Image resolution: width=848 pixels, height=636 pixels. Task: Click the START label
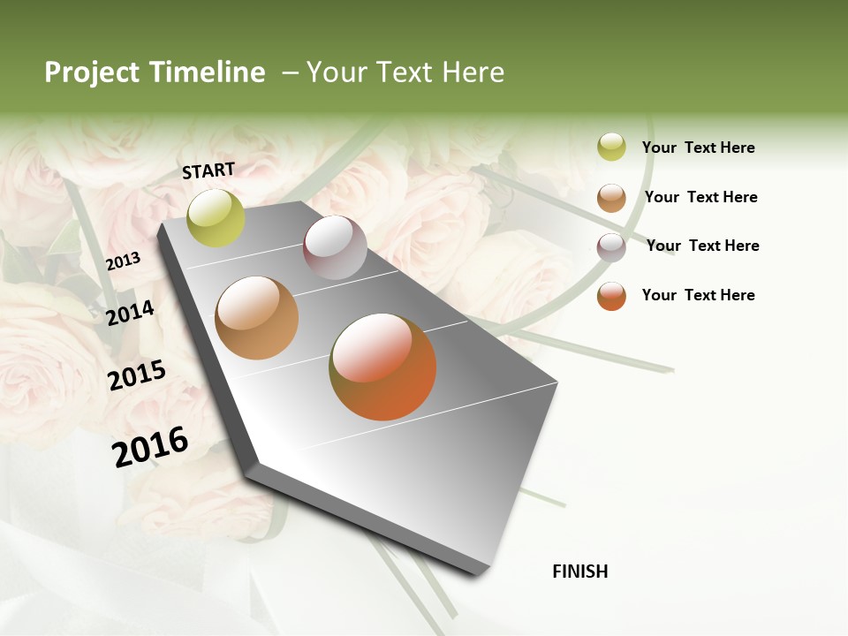click(x=208, y=170)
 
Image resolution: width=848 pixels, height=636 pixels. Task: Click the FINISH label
click(x=580, y=572)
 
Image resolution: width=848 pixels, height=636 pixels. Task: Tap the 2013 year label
click(x=123, y=261)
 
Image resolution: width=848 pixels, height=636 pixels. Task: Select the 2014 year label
click(x=130, y=313)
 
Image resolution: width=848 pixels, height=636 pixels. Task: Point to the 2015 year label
click(x=137, y=375)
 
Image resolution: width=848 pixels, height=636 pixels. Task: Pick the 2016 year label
click(x=150, y=446)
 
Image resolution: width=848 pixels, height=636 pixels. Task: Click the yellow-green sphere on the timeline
click(x=216, y=217)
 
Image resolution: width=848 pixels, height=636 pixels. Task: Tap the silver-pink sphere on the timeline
click(x=335, y=247)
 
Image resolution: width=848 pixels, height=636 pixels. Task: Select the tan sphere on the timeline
click(x=257, y=318)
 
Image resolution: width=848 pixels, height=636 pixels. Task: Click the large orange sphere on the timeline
click(x=382, y=367)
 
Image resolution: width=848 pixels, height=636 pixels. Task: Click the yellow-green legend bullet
click(x=611, y=148)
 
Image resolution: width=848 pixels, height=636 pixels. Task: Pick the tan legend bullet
click(x=611, y=198)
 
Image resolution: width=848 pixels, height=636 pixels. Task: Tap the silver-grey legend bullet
click(x=611, y=246)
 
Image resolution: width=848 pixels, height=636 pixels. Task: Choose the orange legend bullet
click(x=611, y=296)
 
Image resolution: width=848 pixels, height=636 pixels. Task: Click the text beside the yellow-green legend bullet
click(x=698, y=148)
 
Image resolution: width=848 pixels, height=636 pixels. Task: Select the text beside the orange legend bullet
click(x=698, y=295)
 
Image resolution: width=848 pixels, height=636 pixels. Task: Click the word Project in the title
click(x=91, y=72)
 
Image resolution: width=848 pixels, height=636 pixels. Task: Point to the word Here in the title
click(x=473, y=72)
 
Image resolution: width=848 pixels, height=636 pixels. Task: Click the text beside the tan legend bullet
click(x=700, y=197)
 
